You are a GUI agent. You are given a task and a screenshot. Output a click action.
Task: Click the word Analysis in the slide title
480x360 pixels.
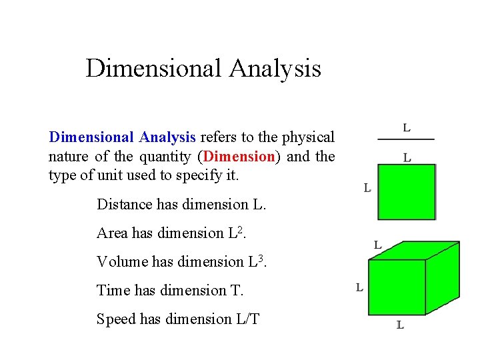[275, 69]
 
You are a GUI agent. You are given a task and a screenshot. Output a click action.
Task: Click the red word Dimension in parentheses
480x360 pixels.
[240, 157]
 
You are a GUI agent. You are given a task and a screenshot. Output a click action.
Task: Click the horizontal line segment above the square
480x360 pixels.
[405, 139]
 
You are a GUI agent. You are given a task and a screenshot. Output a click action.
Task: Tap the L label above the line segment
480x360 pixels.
[407, 127]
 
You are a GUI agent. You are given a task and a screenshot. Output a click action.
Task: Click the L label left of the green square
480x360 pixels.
[367, 189]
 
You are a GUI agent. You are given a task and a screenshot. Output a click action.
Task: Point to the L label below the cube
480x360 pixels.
[400, 325]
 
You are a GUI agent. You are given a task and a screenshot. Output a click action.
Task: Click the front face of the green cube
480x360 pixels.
[397, 287]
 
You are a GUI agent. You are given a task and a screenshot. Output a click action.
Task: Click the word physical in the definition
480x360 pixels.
[307, 137]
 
